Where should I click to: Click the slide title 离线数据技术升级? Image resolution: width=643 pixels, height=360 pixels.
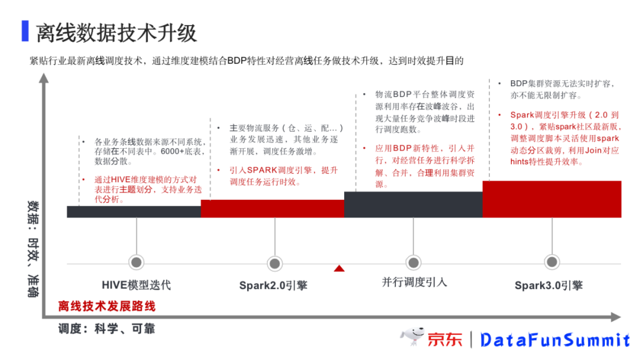coord(116,33)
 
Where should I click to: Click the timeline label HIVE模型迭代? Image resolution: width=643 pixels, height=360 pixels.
coord(136,284)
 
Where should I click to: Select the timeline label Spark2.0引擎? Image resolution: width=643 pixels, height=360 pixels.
coord(273,286)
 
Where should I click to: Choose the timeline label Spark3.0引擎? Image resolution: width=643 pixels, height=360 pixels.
coord(548,286)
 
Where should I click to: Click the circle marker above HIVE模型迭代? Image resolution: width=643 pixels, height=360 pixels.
coord(136,262)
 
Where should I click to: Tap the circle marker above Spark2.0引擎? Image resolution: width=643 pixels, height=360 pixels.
coord(274,263)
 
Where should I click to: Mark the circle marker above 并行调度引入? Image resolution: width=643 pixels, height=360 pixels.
coord(413,262)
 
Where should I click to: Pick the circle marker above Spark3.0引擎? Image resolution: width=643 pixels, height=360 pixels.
coord(552,261)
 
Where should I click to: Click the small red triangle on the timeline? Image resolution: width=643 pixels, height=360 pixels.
coord(339,268)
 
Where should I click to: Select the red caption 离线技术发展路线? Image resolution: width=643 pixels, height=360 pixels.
coord(107,306)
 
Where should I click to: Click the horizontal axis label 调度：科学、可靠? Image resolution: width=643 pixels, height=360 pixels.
coord(110,328)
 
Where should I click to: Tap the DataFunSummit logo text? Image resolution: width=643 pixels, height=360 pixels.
coord(555,340)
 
